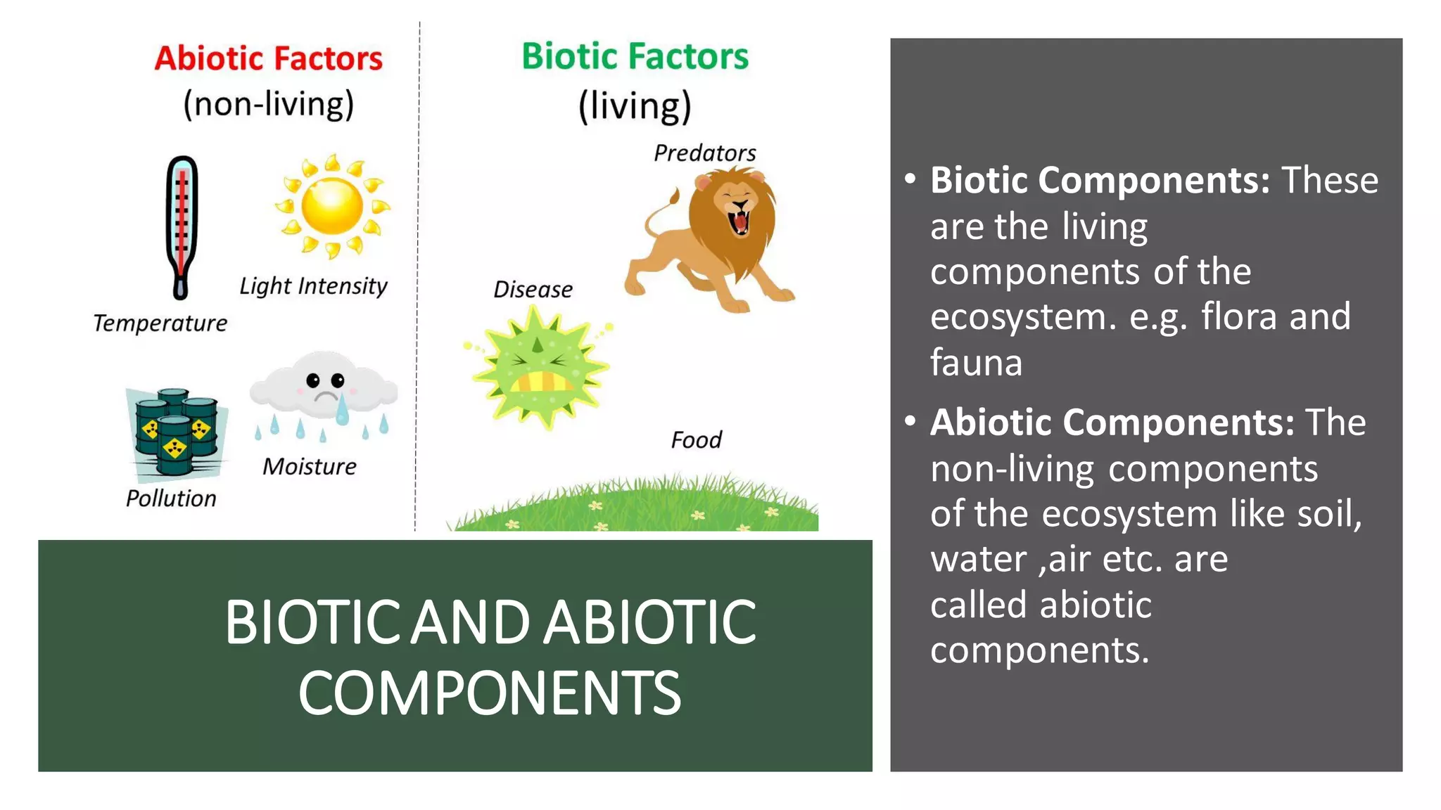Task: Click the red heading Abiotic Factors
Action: coord(268,58)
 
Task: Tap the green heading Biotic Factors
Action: coord(635,56)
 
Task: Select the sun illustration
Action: coord(332,206)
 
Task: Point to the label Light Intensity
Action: coord(313,286)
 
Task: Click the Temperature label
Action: coord(160,323)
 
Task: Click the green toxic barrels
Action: coord(176,430)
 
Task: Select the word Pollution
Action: coord(171,499)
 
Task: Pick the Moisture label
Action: coord(310,467)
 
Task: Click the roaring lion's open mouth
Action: coord(740,219)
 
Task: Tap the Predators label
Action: coord(704,153)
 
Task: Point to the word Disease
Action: coord(533,290)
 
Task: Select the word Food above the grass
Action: coord(696,440)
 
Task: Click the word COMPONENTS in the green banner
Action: coord(490,693)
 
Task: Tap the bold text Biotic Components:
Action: coord(1100,181)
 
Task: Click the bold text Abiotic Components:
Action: coord(1112,423)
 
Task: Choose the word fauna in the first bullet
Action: coord(976,363)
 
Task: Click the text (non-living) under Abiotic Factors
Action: coord(268,105)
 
